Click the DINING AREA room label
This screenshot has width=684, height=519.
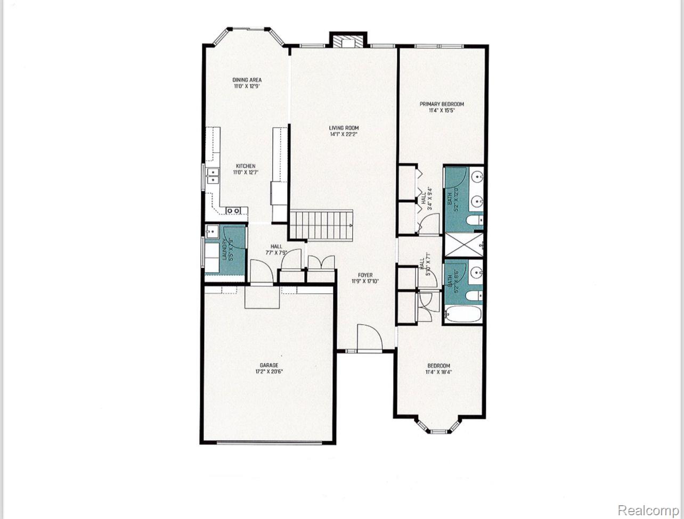(x=247, y=80)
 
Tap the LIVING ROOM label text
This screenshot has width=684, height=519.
(x=344, y=128)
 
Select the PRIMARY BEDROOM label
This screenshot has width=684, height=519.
(x=442, y=104)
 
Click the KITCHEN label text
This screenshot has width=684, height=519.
(x=246, y=166)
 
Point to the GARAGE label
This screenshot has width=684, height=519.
(x=269, y=365)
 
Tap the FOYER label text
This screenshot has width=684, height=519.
(x=365, y=275)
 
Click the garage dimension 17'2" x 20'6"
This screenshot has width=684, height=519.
(x=269, y=372)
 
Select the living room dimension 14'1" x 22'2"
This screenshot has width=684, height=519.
(x=344, y=134)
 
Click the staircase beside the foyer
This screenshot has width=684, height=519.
(x=321, y=225)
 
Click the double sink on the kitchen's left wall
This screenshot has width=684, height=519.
(x=213, y=176)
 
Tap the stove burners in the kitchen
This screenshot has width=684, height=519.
(x=233, y=211)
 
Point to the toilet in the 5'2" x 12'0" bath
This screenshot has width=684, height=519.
(x=474, y=220)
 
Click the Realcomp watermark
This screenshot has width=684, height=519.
(x=648, y=510)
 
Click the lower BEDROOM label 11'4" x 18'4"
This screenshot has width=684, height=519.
(x=439, y=368)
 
